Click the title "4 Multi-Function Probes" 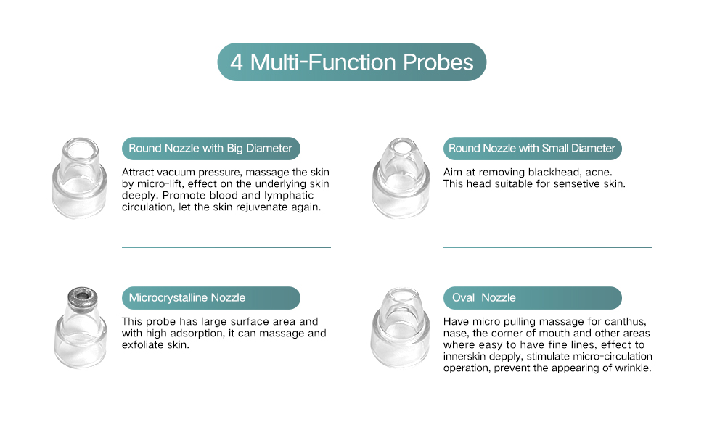coord(351,62)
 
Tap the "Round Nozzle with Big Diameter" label coord(210,149)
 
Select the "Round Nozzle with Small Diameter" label coord(532,149)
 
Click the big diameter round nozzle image coord(79,178)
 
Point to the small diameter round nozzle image coord(401,178)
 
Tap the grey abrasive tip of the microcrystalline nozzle coord(82,296)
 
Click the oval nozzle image coord(400,328)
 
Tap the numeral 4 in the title coord(237,63)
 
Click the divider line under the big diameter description coord(226,247)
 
